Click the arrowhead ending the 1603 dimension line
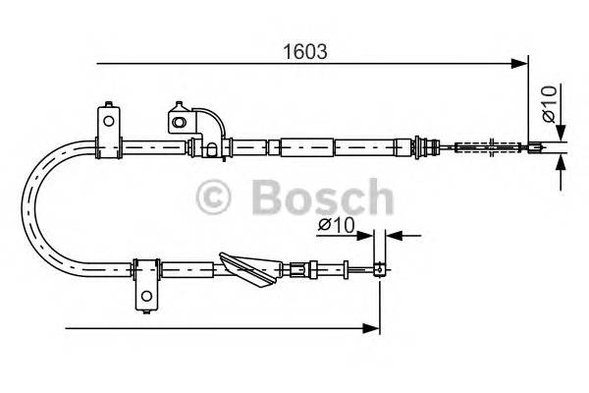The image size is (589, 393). click(x=520, y=66)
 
